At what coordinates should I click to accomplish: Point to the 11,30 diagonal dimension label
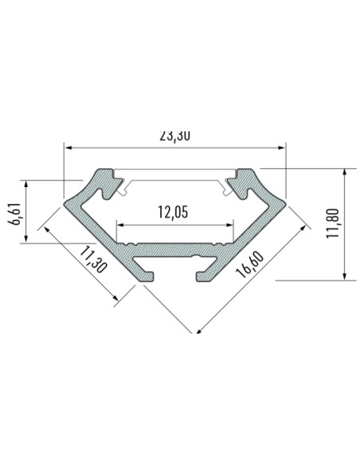tap(92, 262)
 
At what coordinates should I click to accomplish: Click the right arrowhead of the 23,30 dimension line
tap(282, 147)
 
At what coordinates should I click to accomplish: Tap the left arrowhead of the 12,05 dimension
tap(120, 225)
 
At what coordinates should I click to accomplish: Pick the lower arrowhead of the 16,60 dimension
tap(197, 329)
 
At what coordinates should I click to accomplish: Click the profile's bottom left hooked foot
tap(147, 271)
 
